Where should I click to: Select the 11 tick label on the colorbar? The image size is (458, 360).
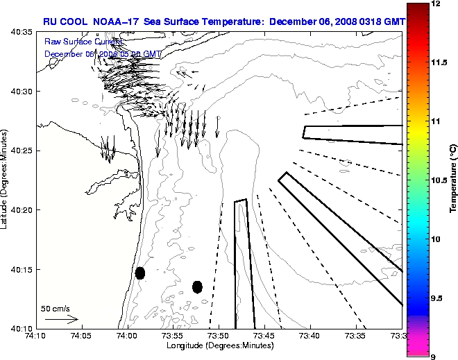[x=436, y=121]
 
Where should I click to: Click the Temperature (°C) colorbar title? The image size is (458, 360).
[x=453, y=180]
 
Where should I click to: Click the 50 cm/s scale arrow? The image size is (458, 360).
[x=61, y=320]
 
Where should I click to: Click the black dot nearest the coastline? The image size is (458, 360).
[x=140, y=273]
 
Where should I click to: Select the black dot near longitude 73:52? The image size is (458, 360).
[x=197, y=286]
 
